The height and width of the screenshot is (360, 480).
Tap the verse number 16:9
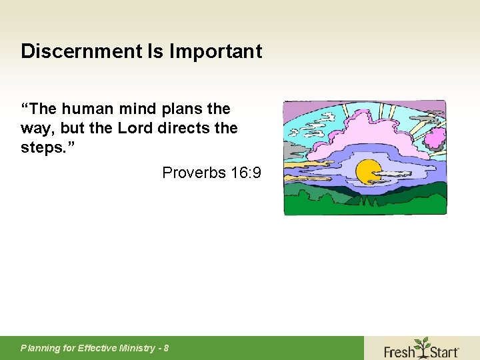pos(245,173)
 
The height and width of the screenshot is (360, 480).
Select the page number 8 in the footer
pos(166,348)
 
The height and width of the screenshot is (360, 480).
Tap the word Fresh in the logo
pos(399,350)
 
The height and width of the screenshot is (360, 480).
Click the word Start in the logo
pos(442,350)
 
